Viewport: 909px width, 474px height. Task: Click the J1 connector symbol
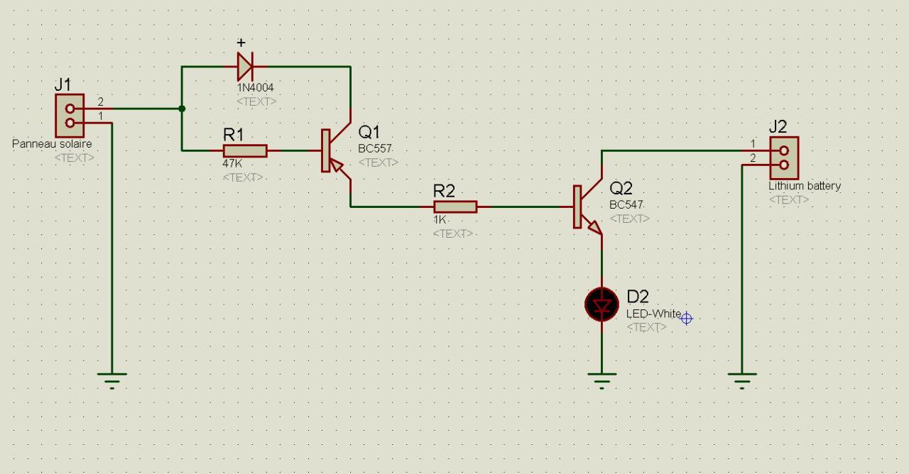70,116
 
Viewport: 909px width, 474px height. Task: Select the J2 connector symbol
784,158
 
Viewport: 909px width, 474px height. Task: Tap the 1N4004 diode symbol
245,67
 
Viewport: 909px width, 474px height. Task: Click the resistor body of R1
245,150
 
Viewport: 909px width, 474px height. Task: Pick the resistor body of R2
455,206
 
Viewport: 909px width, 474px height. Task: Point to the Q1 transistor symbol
333,150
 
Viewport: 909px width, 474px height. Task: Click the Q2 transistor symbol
585,206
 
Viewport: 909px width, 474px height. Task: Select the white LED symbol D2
602,305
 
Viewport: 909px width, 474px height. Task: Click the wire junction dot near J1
182,109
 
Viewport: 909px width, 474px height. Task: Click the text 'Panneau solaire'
52,144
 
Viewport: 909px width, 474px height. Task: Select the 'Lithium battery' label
805,186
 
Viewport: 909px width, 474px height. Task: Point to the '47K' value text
233,164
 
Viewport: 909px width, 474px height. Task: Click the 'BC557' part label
376,149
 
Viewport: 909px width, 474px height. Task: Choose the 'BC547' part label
626,205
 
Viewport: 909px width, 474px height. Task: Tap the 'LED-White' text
653,314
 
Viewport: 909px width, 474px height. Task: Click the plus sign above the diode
241,43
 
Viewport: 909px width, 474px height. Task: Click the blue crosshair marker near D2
686,319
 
